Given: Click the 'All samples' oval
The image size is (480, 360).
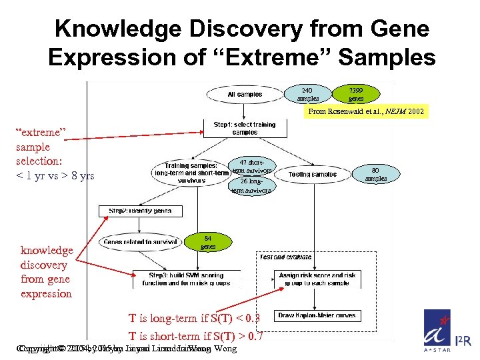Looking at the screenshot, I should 245,95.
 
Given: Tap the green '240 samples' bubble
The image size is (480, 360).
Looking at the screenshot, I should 307,94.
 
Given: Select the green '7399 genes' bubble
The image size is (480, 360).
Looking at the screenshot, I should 356,94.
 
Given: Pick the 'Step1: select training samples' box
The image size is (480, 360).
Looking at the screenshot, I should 245,128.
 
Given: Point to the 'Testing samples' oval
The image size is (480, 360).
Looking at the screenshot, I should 312,175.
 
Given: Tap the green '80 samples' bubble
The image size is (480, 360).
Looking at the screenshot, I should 376,174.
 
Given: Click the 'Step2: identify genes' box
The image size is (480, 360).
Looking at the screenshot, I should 140,211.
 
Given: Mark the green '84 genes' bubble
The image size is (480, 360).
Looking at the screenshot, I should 208,242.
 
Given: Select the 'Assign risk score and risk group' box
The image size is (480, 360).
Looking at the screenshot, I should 317,279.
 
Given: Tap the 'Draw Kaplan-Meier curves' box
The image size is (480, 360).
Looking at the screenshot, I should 317,315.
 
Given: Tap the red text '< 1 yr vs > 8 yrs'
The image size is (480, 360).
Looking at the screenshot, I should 55,175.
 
